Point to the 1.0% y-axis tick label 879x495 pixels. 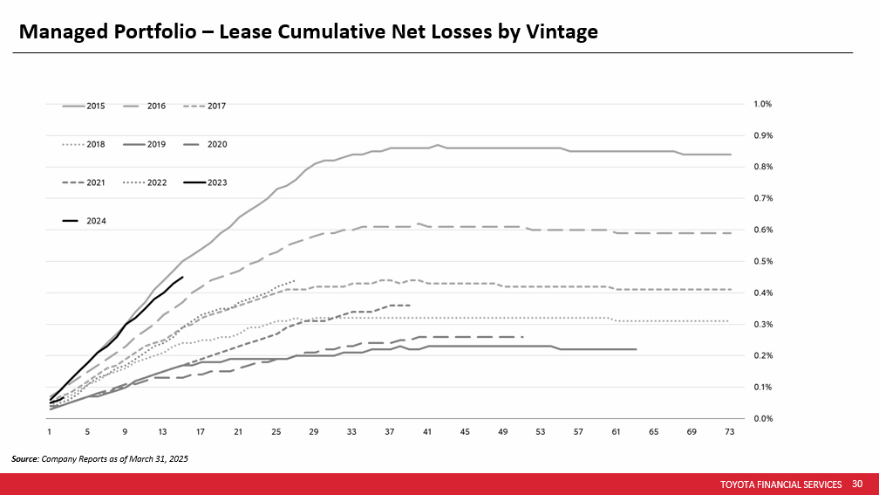[762, 104]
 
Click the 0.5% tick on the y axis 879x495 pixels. [762, 261]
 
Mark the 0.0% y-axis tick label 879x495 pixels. [762, 418]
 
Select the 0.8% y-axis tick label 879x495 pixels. [762, 167]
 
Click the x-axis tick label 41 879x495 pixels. [427, 432]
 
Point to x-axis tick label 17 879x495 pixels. [201, 432]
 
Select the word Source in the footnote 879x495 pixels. [24, 458]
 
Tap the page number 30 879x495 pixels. [857, 484]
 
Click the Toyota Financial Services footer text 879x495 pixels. [781, 484]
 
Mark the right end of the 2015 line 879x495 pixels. [730, 155]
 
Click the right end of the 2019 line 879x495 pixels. [636, 349]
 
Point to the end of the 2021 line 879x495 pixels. [409, 305]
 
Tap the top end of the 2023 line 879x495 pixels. [182, 277]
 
